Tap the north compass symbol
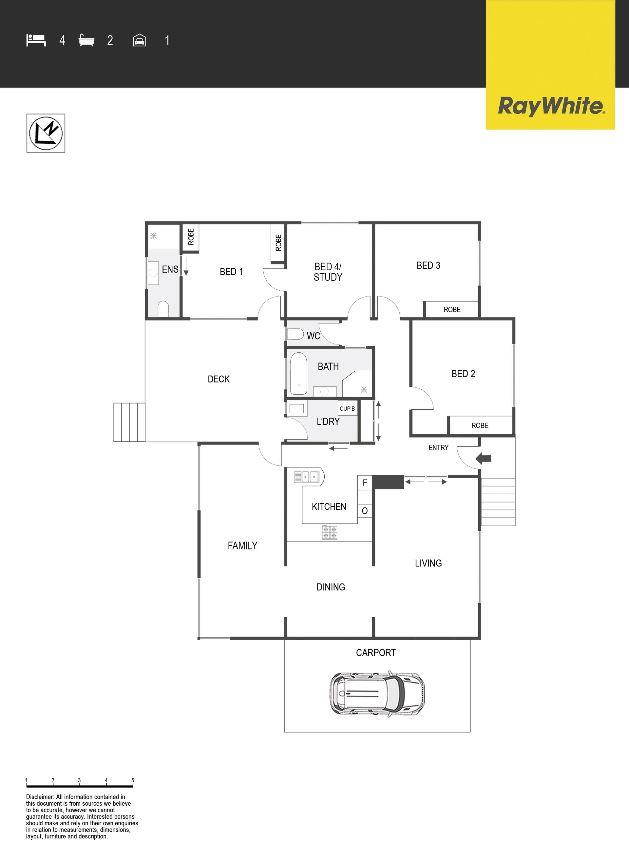tap(46, 133)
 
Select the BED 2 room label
tap(463, 374)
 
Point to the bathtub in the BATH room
tap(299, 373)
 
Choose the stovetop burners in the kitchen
tap(330, 532)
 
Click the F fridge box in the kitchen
tap(365, 483)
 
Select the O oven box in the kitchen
tap(365, 511)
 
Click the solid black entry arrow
tap(484, 458)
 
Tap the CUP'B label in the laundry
tap(347, 409)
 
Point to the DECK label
tap(219, 379)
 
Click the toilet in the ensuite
tap(163, 309)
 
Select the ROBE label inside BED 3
tap(452, 310)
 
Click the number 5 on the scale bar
tap(133, 780)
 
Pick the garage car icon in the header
tap(140, 40)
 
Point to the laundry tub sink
tap(297, 409)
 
